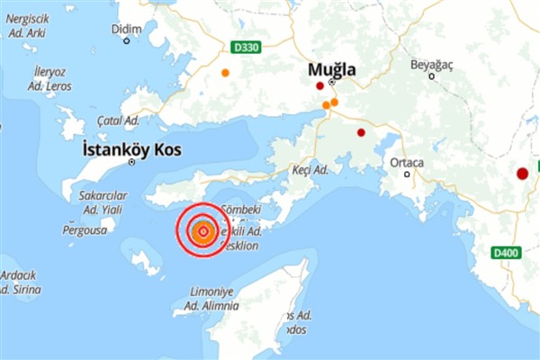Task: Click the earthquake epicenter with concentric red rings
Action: coord(202,232)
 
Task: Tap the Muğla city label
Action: coord(332,68)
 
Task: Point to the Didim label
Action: coord(126,29)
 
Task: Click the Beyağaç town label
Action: coord(434,65)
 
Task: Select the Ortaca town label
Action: coord(407,162)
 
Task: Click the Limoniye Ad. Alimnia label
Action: coord(211,299)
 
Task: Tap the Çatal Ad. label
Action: coord(118,120)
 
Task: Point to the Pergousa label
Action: coord(82,230)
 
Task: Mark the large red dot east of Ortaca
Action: coord(522,174)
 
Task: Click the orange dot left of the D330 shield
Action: coord(225,72)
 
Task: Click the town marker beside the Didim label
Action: coord(126,40)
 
